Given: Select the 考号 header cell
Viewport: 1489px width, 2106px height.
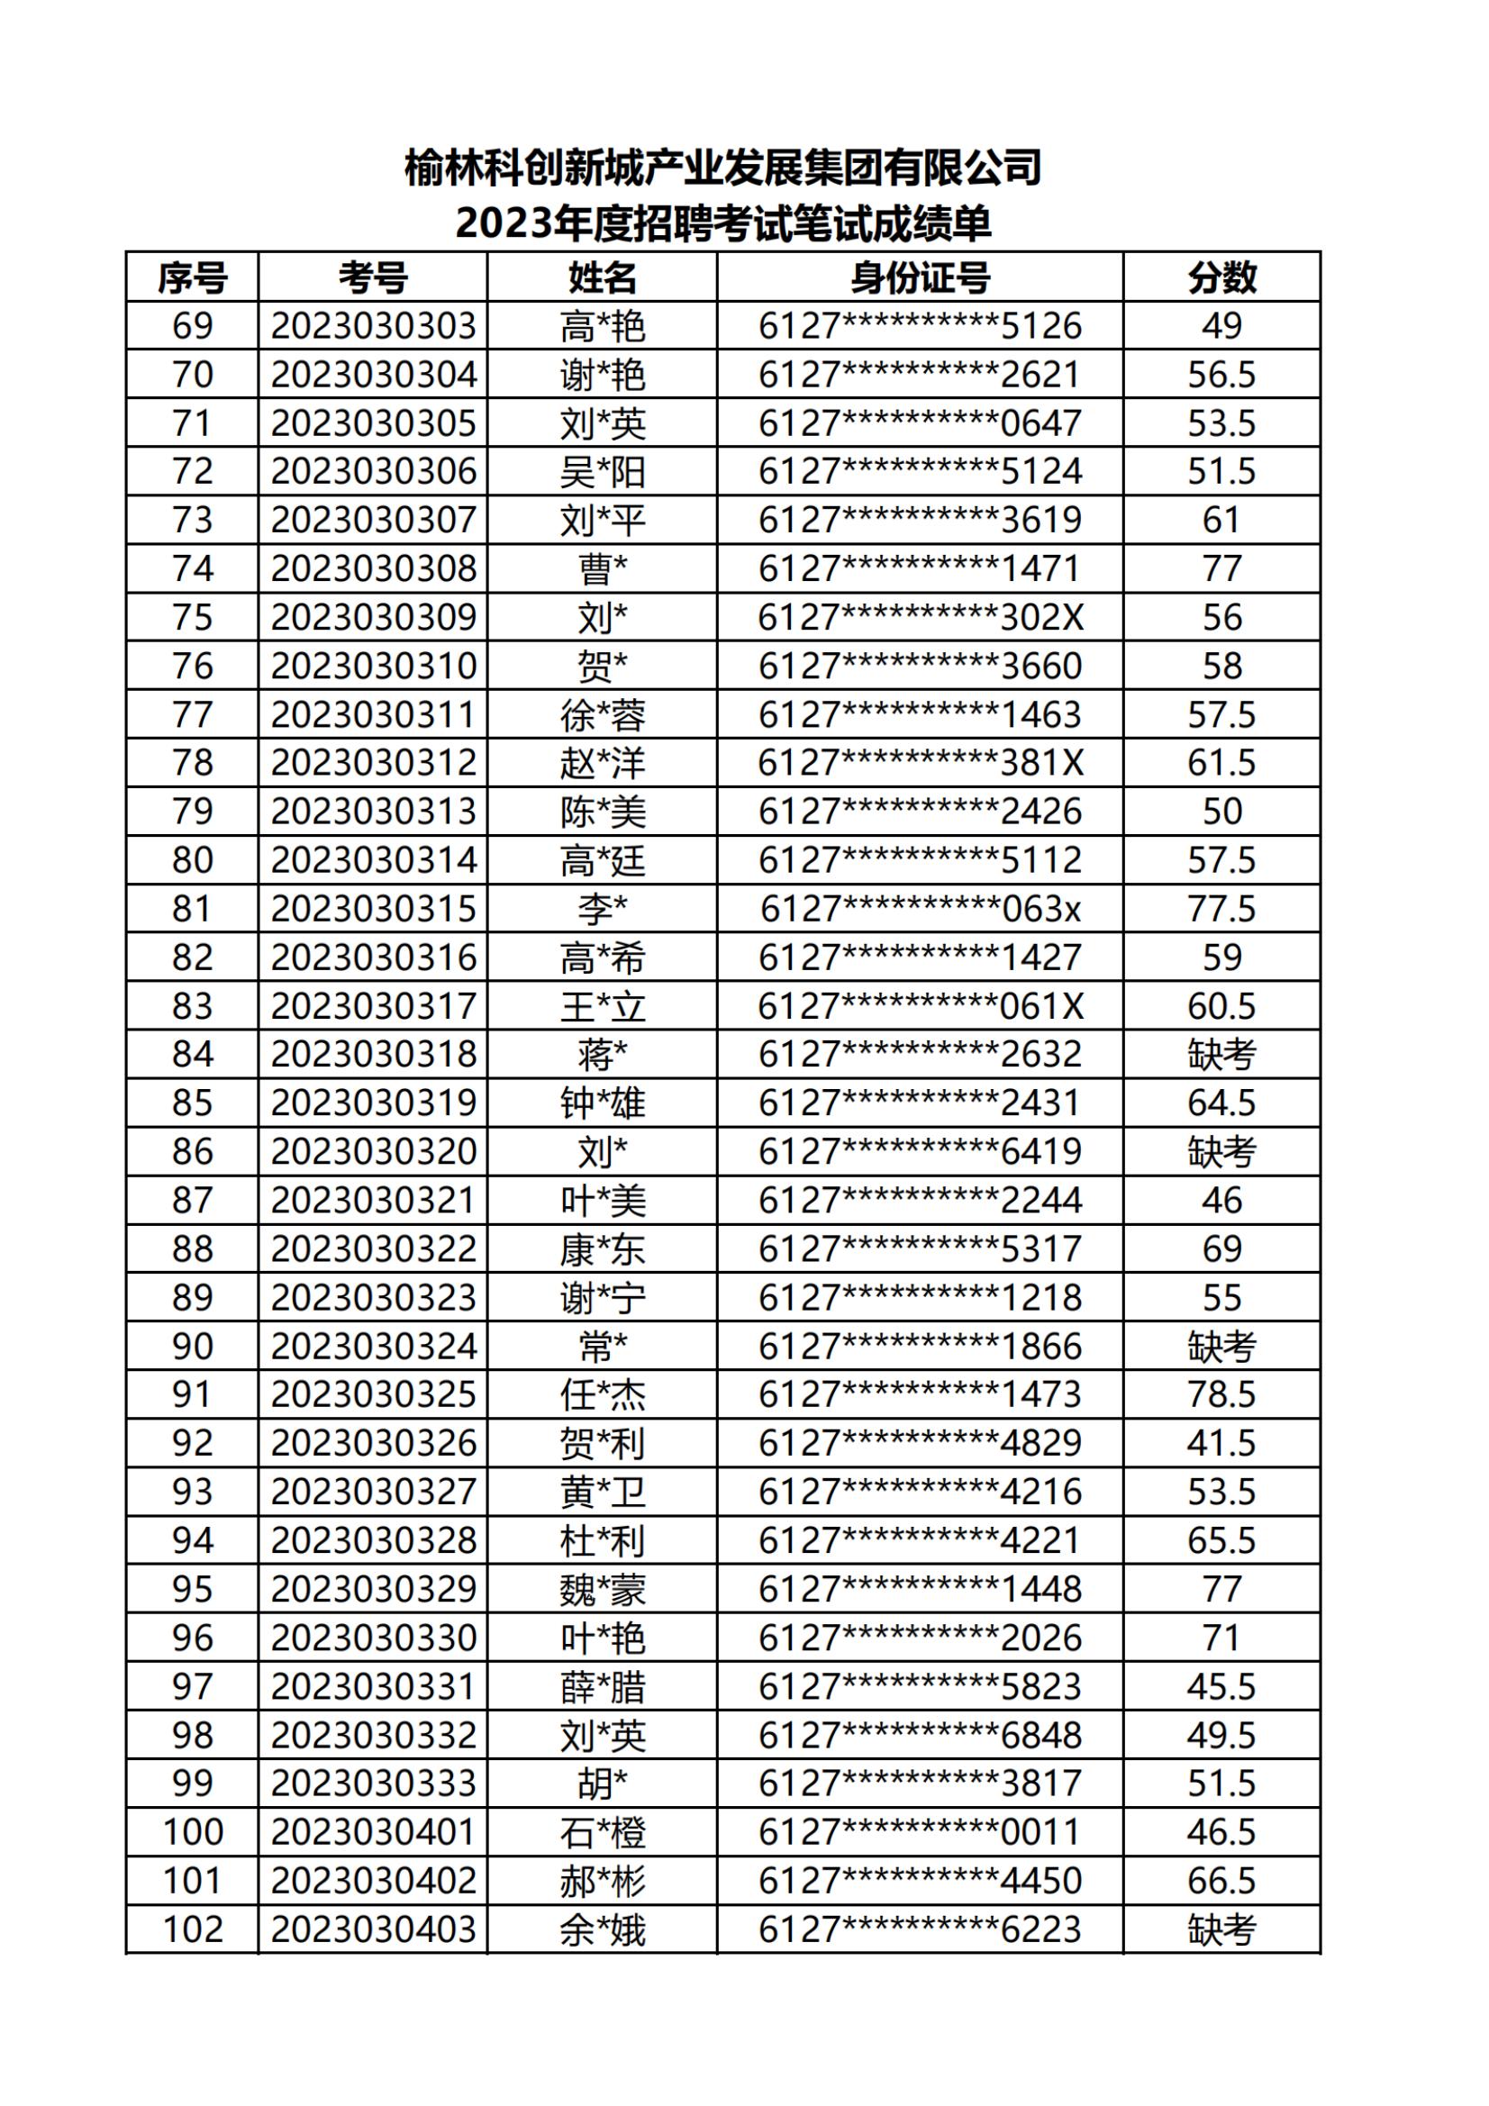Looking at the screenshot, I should [373, 277].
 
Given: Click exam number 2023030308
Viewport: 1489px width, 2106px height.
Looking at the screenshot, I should [374, 568].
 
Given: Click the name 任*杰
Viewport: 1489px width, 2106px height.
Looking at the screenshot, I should [603, 1395].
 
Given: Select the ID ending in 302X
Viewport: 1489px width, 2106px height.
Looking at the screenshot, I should [921, 617].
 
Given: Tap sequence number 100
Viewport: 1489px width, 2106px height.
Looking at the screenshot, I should [193, 1832].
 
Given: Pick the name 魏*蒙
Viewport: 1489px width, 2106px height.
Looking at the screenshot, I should [603, 1590].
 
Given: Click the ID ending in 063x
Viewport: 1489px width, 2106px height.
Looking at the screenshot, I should [921, 909].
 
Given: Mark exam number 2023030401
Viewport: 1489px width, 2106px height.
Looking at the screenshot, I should [374, 1832].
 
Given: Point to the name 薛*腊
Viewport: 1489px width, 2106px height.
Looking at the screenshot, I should [603, 1687].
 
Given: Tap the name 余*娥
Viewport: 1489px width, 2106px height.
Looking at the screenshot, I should [603, 1929].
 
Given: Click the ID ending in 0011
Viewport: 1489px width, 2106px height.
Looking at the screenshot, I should [921, 1832].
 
